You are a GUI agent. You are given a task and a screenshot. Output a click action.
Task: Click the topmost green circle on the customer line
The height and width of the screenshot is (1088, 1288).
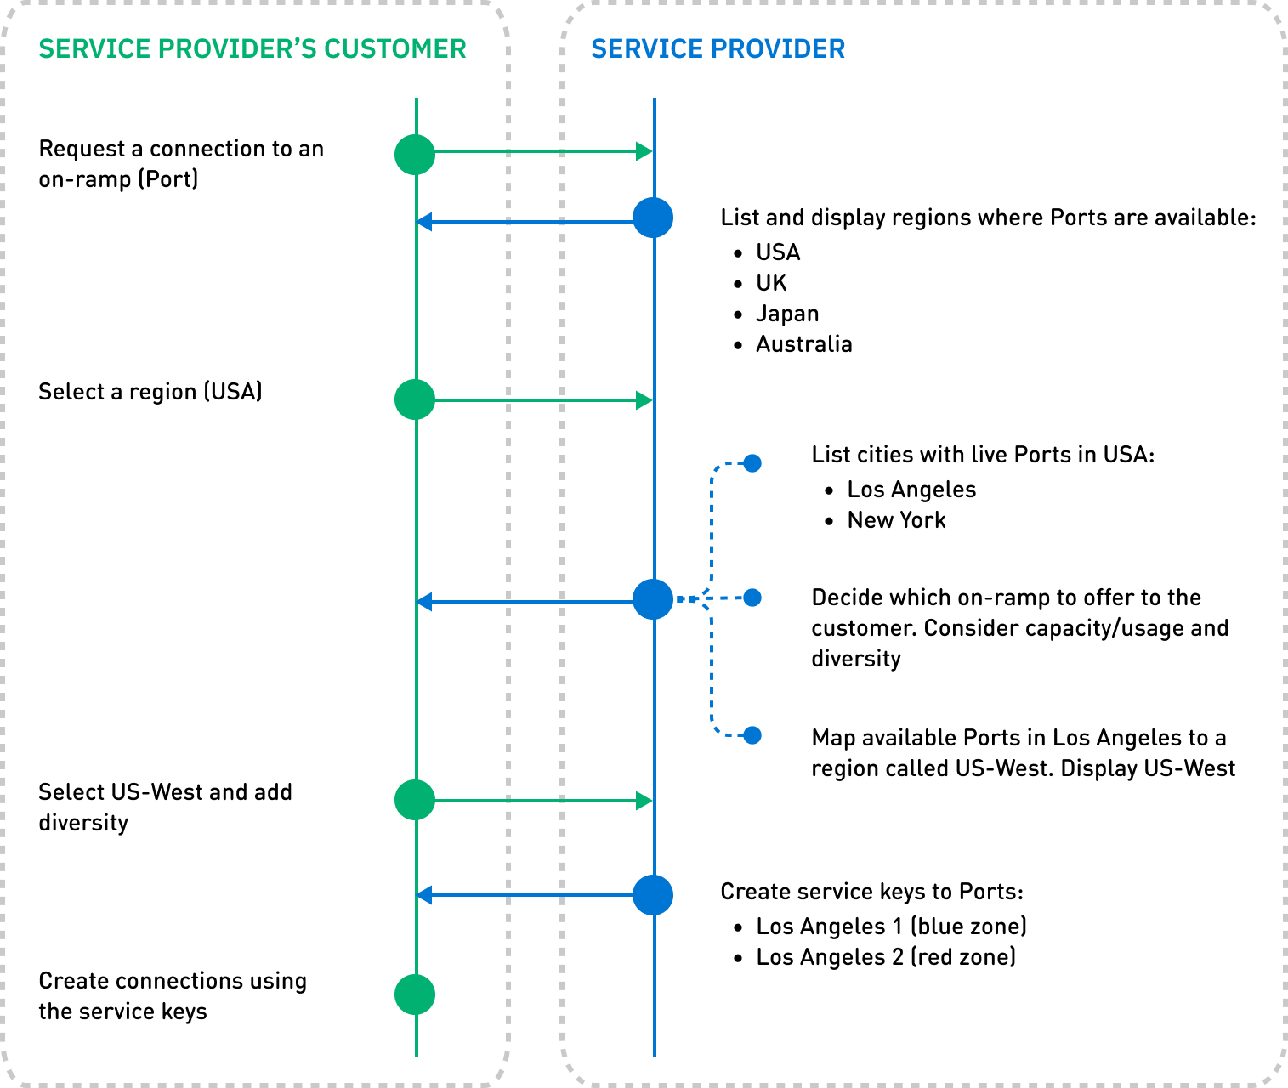coord(415,155)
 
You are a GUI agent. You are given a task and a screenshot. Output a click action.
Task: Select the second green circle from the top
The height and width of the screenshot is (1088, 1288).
coord(415,399)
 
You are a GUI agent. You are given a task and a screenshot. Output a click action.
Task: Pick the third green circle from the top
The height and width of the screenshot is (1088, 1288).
coord(415,800)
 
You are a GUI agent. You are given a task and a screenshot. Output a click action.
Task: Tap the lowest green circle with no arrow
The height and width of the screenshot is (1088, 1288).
coord(415,994)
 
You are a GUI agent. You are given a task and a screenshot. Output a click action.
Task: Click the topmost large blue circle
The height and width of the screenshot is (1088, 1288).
coord(653,218)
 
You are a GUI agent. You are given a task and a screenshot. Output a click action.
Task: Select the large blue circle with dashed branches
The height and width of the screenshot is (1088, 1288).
coord(653,599)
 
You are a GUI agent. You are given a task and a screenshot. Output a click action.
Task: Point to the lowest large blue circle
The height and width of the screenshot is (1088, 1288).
coord(653,895)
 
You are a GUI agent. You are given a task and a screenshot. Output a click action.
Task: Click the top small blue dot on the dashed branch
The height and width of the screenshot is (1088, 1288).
coord(752,463)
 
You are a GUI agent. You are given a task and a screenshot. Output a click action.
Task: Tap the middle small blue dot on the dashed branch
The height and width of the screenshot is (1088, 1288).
coord(752,598)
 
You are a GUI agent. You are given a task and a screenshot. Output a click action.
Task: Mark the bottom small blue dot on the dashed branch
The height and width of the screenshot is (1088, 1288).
coord(752,735)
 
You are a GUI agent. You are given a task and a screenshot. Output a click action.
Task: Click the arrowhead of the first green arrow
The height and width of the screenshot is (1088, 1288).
coord(644,152)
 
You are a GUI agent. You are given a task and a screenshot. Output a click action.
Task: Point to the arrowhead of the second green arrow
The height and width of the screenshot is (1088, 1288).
coord(644,400)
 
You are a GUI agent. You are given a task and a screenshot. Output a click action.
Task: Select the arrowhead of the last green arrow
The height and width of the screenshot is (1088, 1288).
coord(644,801)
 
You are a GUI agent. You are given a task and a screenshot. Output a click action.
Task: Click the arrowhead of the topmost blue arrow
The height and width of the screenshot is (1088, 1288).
coord(424,223)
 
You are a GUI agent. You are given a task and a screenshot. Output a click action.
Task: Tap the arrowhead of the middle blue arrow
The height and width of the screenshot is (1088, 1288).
coord(424,602)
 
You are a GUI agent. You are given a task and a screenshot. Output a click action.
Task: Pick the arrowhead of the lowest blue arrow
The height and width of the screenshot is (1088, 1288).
coord(424,895)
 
